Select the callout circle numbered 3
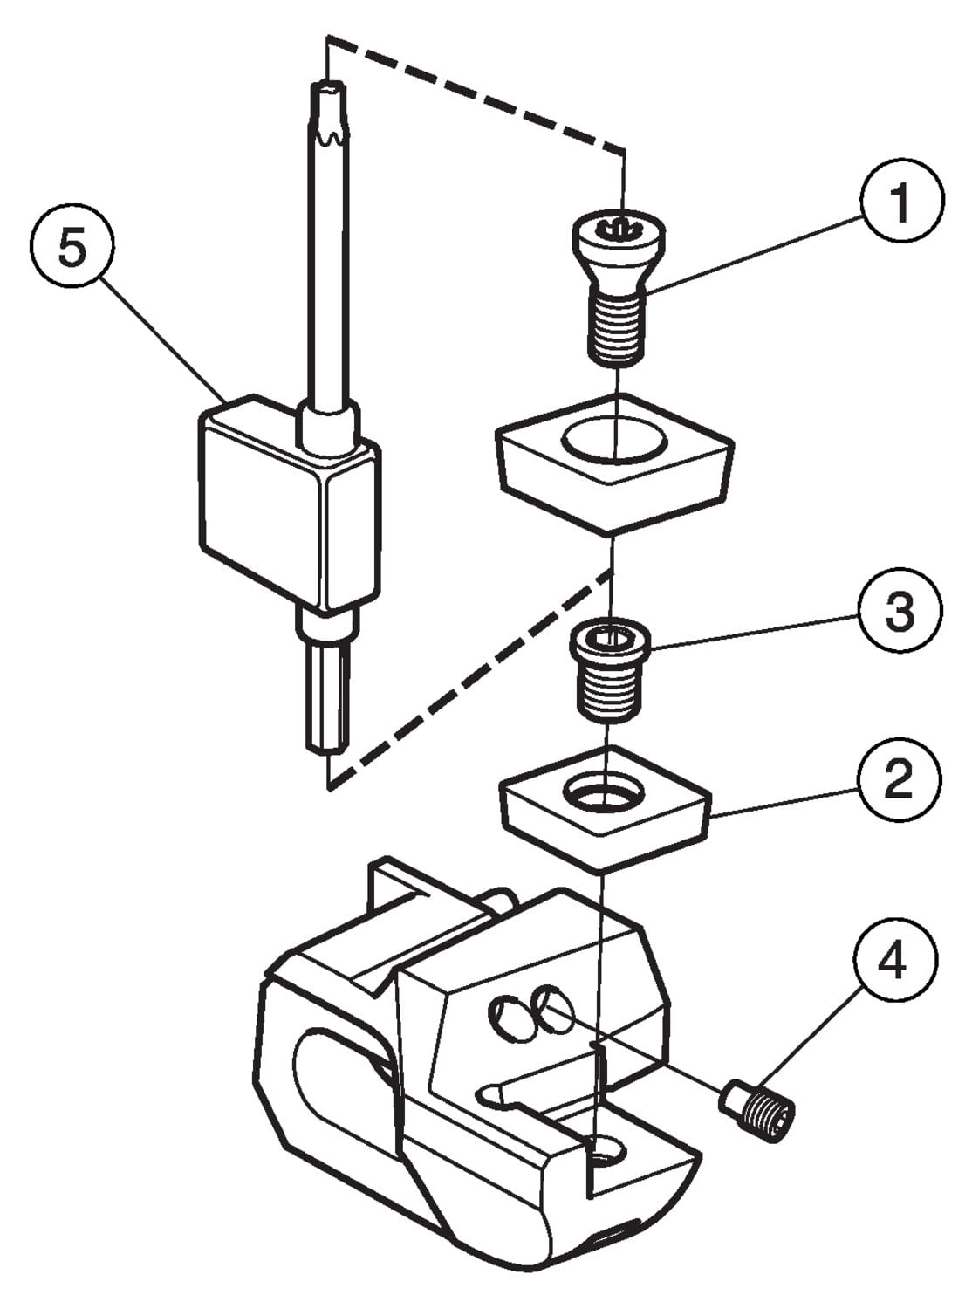point(900,610)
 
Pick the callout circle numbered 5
point(72,250)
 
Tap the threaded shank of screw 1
point(616,328)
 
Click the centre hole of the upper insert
point(614,439)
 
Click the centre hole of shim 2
point(603,794)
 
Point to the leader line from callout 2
point(785,801)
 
